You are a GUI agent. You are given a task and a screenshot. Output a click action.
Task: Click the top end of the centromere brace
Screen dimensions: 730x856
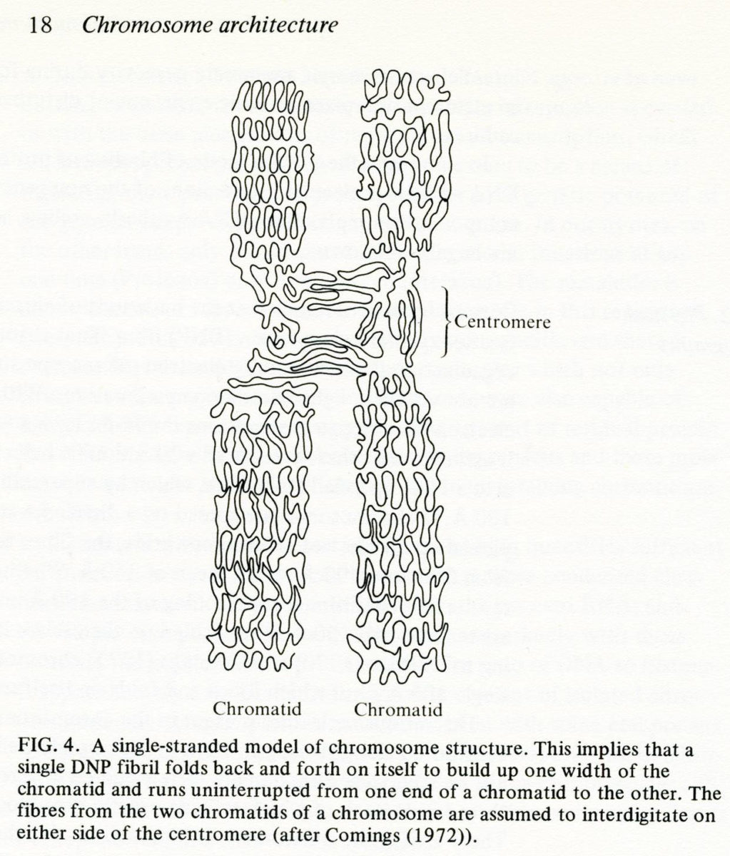[442, 287]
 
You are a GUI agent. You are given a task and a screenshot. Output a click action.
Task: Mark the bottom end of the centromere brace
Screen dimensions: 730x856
[442, 356]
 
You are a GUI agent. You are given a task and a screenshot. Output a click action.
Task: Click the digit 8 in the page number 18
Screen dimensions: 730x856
[46, 25]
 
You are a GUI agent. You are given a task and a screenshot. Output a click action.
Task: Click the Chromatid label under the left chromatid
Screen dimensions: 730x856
[257, 709]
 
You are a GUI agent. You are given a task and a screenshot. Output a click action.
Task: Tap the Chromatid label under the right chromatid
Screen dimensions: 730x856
[398, 710]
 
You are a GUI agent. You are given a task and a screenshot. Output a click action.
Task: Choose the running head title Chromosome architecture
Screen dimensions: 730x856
[210, 26]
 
